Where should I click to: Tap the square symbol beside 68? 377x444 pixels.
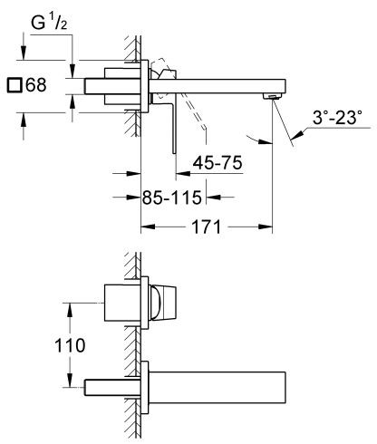point(13,87)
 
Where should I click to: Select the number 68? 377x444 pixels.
point(34,87)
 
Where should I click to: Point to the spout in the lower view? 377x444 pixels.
point(217,387)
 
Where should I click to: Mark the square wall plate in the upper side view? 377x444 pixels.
point(142,89)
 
